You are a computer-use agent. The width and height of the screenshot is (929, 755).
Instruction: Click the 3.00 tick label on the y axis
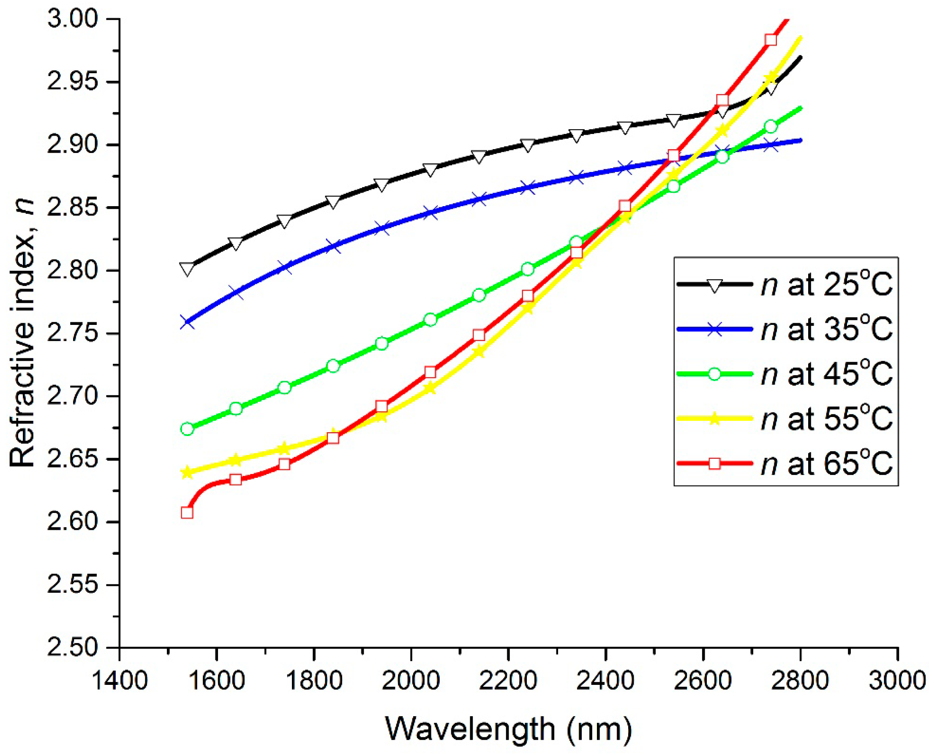[x=72, y=19]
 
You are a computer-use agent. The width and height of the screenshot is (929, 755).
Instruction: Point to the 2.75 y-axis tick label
[x=72, y=334]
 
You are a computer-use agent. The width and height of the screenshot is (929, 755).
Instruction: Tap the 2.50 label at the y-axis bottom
[x=72, y=648]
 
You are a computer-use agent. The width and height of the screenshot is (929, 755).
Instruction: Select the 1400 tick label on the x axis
[x=120, y=681]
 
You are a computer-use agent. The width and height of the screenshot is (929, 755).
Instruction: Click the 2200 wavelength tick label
[x=507, y=681]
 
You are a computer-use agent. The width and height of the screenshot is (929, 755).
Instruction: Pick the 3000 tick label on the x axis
[x=897, y=681]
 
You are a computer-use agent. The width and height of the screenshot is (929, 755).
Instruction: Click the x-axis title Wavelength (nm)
[x=508, y=729]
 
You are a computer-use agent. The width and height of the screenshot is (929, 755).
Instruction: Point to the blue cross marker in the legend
[x=714, y=330]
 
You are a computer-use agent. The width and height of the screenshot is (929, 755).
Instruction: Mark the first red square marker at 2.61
[x=187, y=512]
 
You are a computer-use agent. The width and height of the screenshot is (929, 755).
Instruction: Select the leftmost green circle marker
[x=187, y=429]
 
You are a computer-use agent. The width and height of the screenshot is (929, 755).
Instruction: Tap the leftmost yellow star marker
[x=187, y=472]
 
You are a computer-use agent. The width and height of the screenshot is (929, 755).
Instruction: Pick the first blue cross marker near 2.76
[x=187, y=323]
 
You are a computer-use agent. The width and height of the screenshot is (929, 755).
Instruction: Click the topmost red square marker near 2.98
[x=771, y=40]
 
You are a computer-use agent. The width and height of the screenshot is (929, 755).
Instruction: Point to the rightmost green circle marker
[x=771, y=127]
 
